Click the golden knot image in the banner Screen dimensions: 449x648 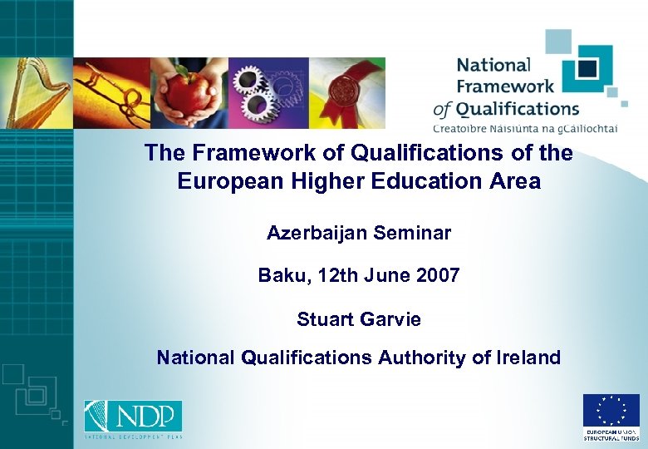tap(112, 92)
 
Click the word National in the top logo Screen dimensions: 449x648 tap(493, 65)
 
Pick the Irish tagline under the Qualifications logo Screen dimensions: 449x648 tap(525, 127)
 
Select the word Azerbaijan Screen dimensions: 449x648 tap(317, 234)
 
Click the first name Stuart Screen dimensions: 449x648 tap(326, 319)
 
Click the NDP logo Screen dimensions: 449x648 tap(133, 417)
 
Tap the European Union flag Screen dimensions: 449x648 tap(611, 411)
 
